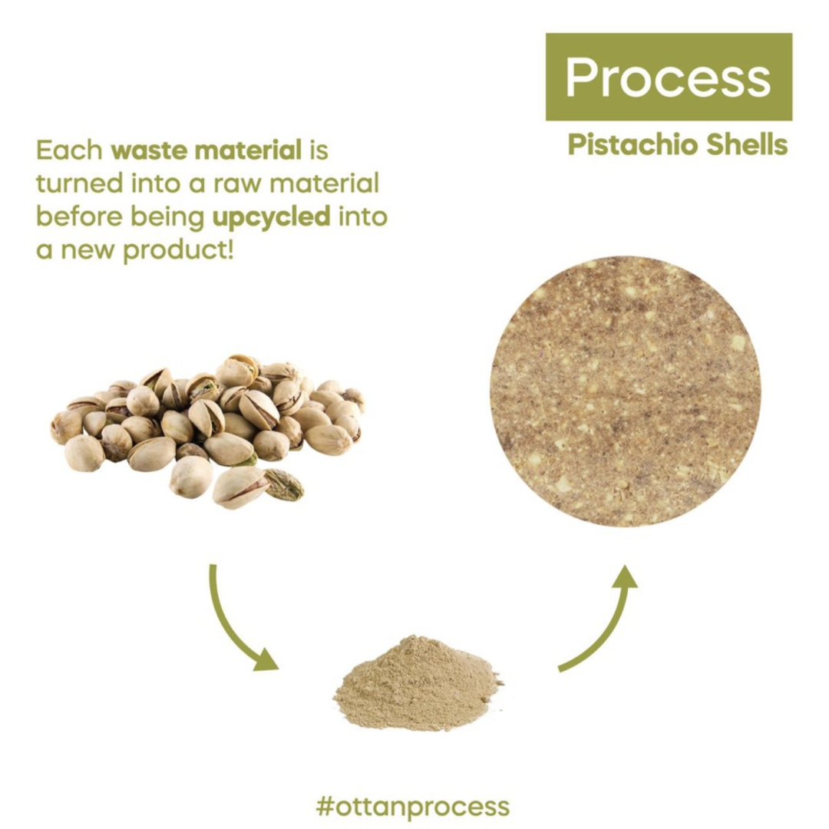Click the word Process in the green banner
668,78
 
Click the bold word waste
148,150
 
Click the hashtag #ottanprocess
413,805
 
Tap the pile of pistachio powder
418,683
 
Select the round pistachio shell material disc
626,391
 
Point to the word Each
69,150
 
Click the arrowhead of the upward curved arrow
626,576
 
